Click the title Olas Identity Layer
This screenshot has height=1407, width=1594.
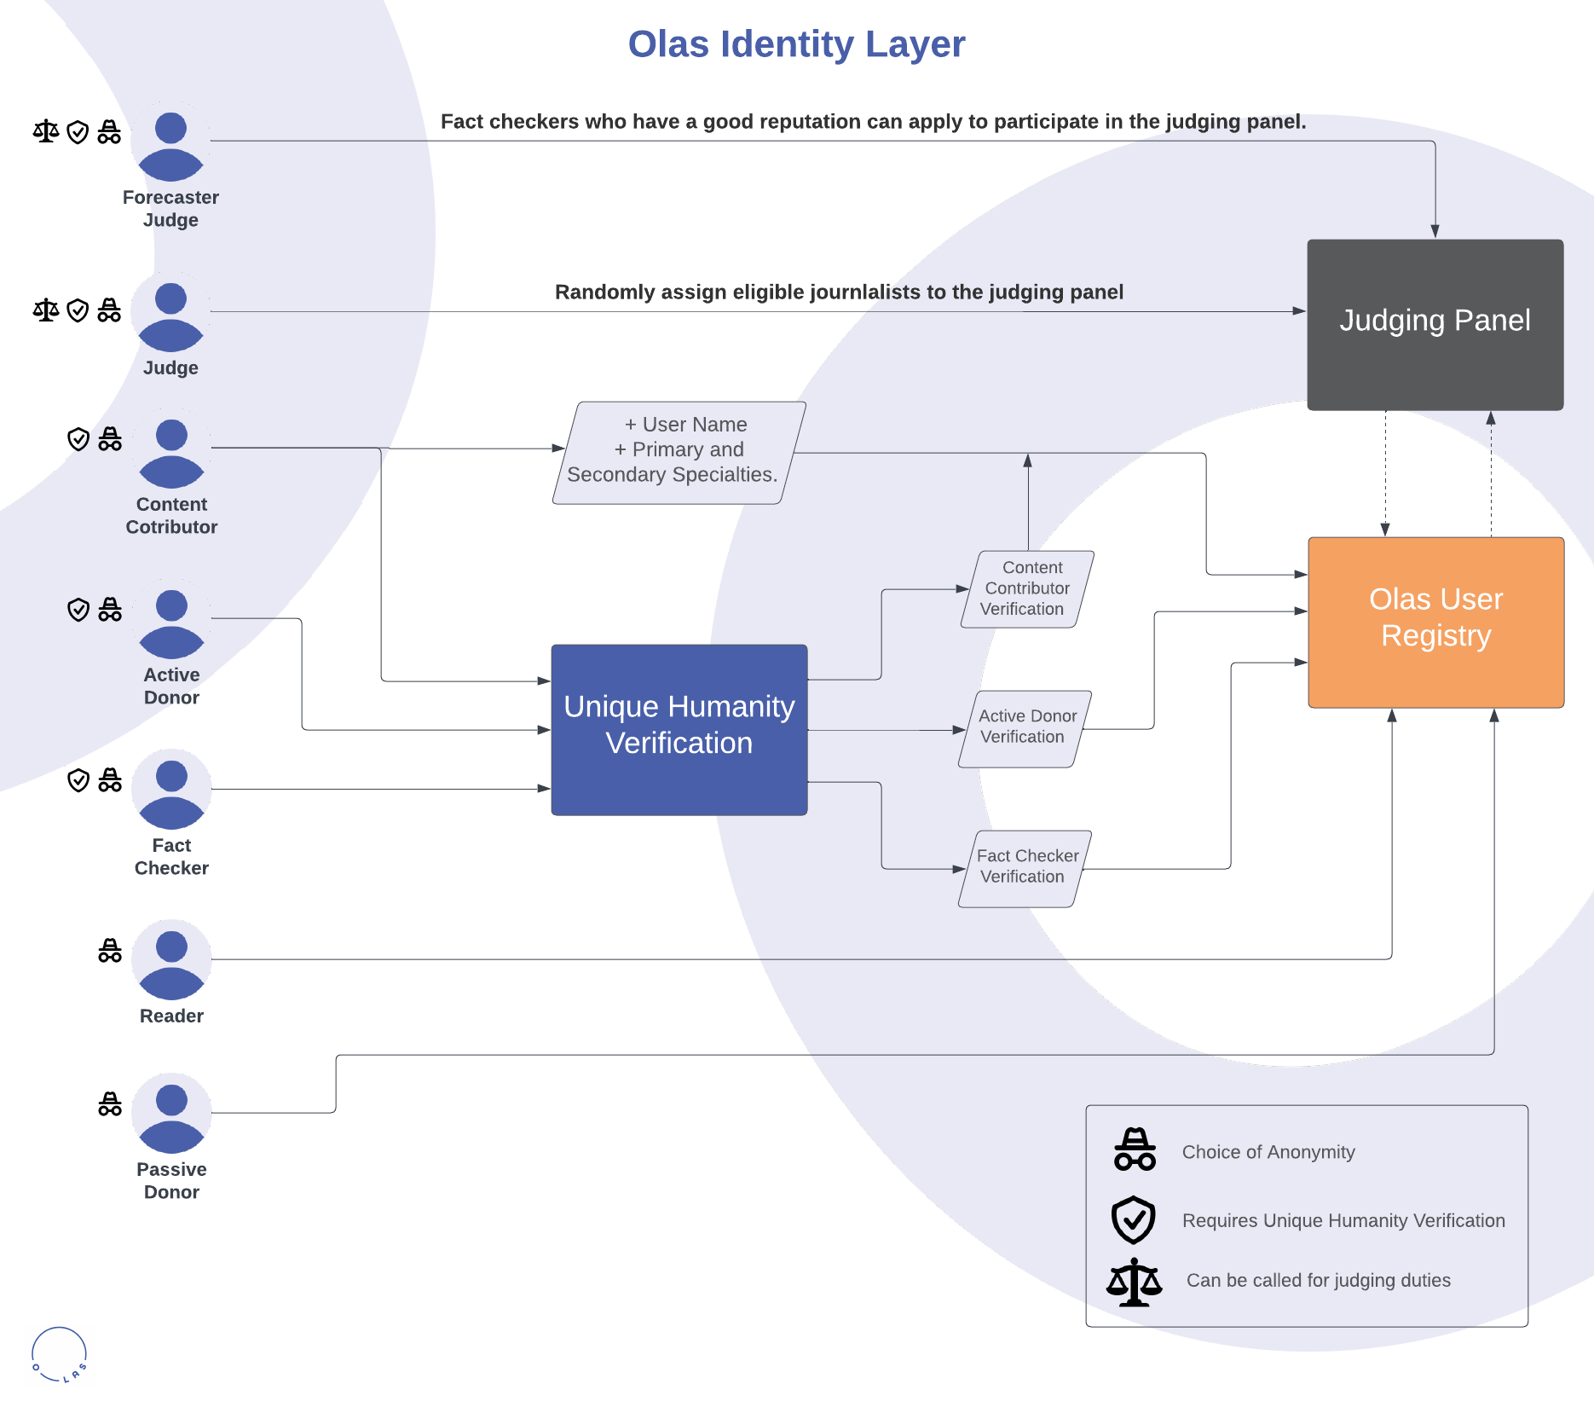796,44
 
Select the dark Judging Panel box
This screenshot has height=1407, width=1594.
1435,324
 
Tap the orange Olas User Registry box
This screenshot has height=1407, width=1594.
1435,622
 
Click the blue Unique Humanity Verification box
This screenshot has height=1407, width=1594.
679,729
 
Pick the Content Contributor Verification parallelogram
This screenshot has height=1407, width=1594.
1027,588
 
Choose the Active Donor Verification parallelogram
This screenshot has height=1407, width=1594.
1025,727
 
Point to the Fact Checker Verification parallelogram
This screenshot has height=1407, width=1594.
1025,867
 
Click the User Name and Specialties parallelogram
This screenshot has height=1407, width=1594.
679,452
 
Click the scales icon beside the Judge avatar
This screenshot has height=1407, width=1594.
46,310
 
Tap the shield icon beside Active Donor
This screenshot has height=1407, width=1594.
78,610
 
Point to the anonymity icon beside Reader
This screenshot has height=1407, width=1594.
110,951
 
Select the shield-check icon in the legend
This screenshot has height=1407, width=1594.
1133,1219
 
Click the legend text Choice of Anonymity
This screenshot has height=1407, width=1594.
1268,1152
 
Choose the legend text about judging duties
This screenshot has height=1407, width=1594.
1318,1280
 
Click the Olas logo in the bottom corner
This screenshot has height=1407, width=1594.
59,1354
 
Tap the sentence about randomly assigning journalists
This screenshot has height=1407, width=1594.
839,292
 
